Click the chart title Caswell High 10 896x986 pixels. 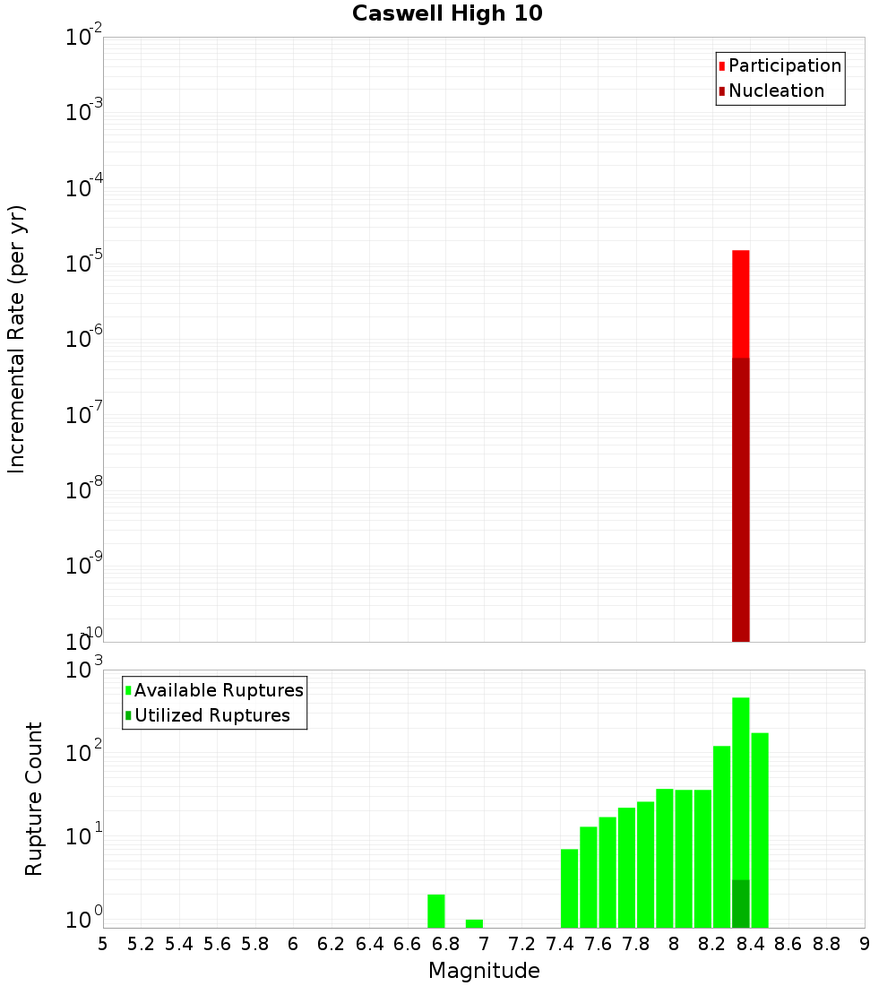[447, 14]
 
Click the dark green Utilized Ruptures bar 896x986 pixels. [741, 904]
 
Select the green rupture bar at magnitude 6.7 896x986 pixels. [436, 911]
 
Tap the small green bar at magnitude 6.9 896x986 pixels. [475, 923]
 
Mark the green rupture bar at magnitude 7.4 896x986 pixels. [570, 888]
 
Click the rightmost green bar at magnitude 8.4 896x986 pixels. [760, 830]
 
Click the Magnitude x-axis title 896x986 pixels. [484, 971]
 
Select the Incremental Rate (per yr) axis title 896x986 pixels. [17, 339]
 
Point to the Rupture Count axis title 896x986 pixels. [34, 798]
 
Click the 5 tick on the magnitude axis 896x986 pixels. [103, 944]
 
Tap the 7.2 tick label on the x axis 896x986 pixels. [521, 944]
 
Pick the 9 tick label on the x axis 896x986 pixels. [865, 944]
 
